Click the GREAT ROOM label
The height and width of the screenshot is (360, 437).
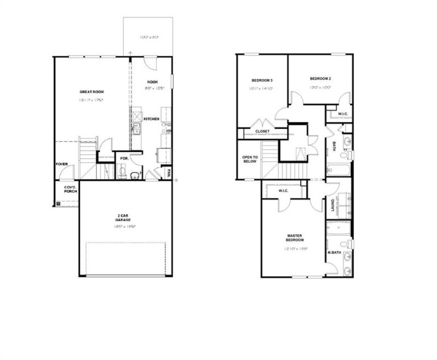[x=92, y=92]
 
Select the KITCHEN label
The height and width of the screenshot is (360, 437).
[x=151, y=119]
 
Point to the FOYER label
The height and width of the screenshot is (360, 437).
[x=62, y=164]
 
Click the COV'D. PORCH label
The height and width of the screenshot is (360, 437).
[x=69, y=190]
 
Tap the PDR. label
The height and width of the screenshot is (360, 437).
[x=124, y=159]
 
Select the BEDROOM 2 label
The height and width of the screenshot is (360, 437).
[x=320, y=79]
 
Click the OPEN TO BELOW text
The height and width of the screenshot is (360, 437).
[x=250, y=160]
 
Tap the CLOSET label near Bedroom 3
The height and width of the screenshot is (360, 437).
[x=262, y=131]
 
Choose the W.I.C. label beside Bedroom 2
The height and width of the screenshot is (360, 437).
[x=342, y=114]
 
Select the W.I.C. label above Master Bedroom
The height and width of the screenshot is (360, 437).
[x=284, y=191]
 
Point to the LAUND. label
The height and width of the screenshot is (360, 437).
[x=333, y=205]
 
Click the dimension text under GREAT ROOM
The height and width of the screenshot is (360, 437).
[x=92, y=101]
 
